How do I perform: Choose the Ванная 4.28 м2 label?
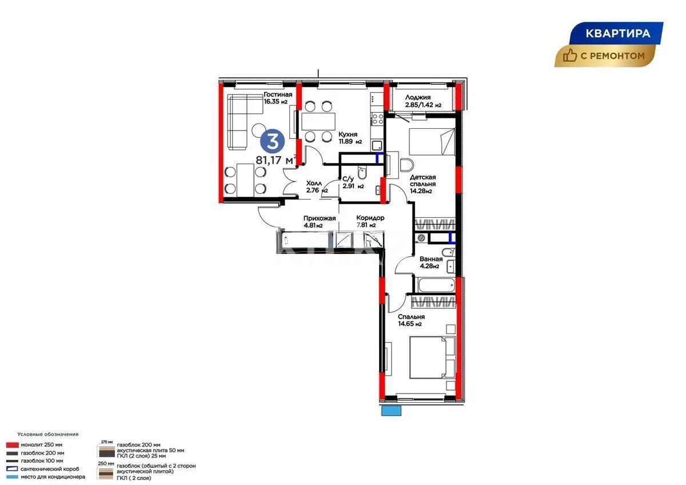point(430,262)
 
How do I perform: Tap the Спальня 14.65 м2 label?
point(411,320)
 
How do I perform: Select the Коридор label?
point(370,221)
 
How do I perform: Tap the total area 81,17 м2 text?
point(276,160)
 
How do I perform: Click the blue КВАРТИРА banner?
point(617,33)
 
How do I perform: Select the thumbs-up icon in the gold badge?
point(570,55)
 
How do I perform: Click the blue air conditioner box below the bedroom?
point(392,410)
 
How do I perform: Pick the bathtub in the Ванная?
point(436,285)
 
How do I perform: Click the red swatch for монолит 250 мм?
point(13,444)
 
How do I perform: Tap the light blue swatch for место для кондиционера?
point(13,476)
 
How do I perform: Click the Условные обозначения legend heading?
point(47,434)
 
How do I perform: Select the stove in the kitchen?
point(377,119)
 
